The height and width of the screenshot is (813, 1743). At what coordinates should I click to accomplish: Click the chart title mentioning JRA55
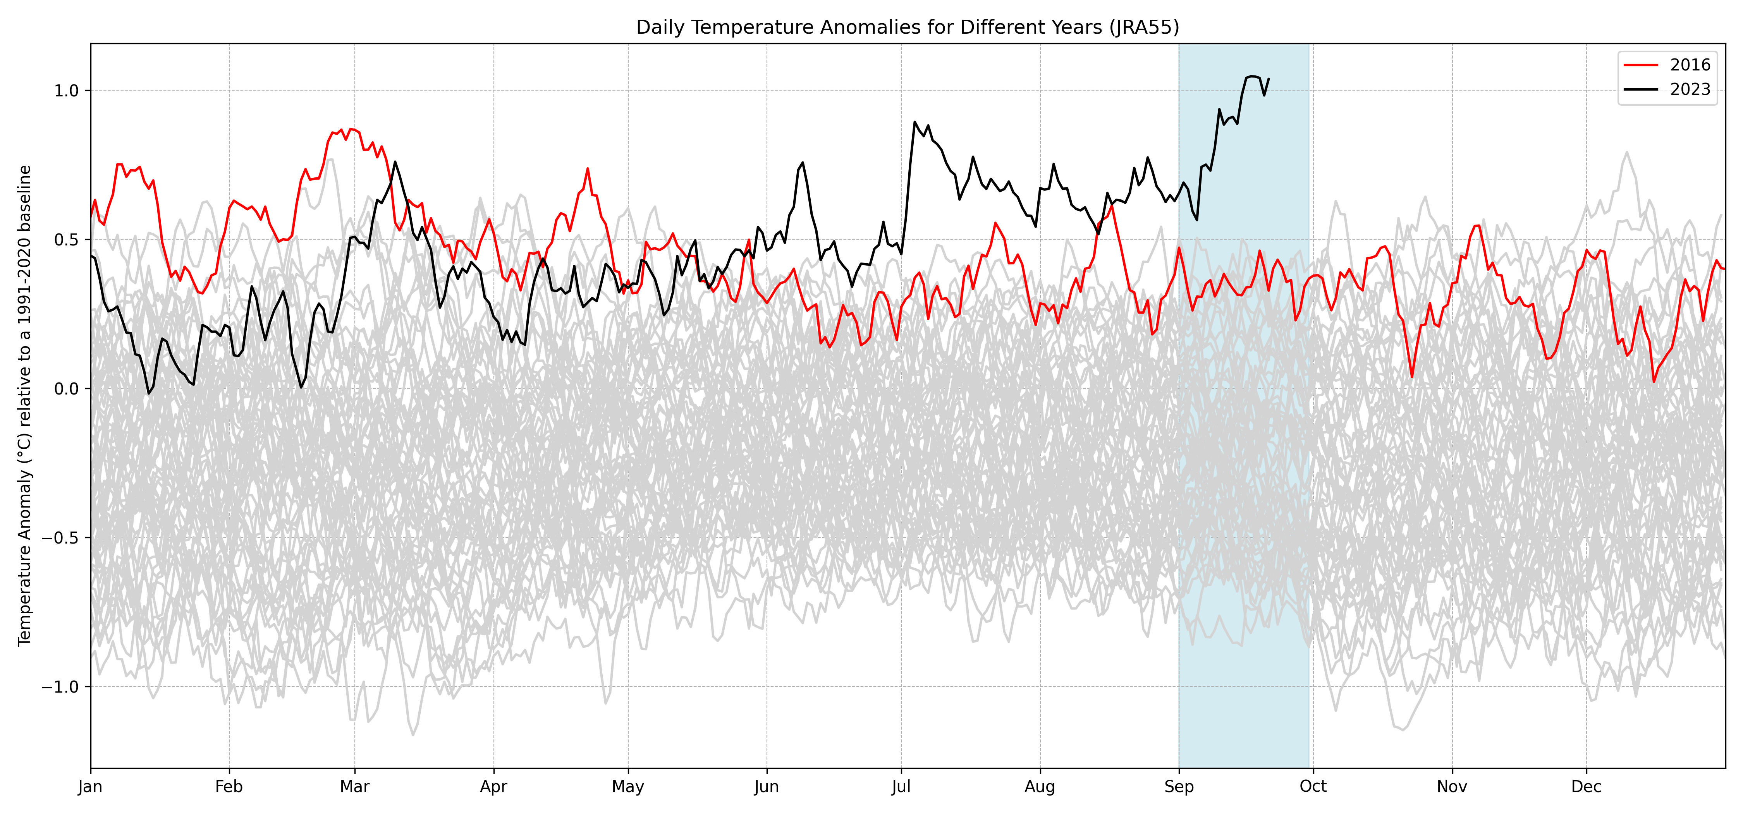[908, 27]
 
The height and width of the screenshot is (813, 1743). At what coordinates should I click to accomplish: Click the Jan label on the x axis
[91, 787]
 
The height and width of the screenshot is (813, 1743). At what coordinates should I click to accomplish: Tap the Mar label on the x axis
[354, 787]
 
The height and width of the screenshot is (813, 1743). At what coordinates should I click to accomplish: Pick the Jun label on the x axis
[767, 787]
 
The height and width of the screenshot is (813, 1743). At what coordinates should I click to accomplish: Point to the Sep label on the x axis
[1179, 787]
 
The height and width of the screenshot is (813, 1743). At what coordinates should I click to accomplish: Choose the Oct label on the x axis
[1313, 787]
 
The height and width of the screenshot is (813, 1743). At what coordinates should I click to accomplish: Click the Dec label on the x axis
[1586, 787]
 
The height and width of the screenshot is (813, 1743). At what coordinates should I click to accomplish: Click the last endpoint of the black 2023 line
[1269, 79]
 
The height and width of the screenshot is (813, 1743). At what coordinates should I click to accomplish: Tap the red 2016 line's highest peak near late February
[342, 129]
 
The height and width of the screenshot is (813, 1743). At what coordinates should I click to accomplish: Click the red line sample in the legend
[1641, 65]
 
